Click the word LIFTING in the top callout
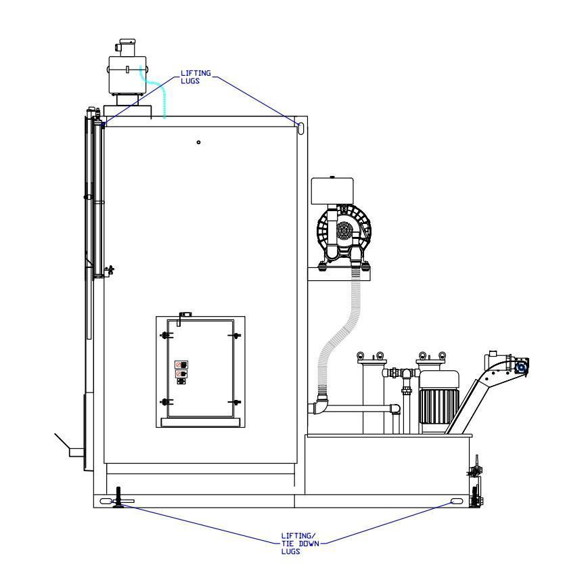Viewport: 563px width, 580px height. tap(196, 73)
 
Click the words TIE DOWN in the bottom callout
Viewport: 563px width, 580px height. tap(300, 543)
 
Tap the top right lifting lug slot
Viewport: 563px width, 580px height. tap(301, 128)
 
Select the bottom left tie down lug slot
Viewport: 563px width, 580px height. tap(106, 501)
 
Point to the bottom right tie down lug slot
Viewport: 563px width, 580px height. tap(457, 501)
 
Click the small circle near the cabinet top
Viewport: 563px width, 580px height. tap(199, 142)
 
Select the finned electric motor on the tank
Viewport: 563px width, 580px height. tap(439, 401)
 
